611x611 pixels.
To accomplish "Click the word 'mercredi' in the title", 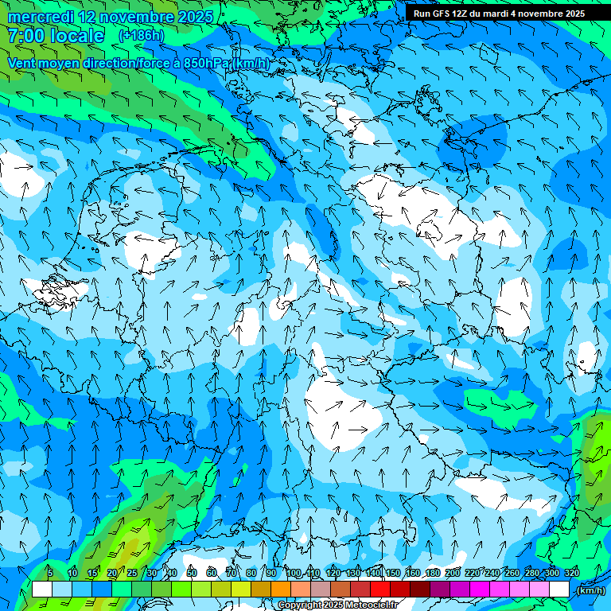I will coord(41,17).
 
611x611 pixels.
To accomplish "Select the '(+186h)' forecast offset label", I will coord(142,36).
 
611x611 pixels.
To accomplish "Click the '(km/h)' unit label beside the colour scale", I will coord(590,590).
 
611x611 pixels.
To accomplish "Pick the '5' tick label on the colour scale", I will coord(50,573).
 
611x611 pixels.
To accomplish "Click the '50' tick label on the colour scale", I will coord(191,573).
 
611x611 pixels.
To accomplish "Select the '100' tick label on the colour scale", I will coord(294,573).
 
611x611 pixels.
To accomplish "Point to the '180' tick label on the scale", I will coord(433,573).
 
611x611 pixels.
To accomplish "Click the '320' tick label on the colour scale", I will coord(572,573).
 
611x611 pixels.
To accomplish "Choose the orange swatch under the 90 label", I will coord(280,589).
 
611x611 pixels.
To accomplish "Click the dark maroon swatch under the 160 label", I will coord(419,589).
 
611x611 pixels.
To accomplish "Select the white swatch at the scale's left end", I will coord(41,589).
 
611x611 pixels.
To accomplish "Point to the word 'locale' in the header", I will coord(78,36).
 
